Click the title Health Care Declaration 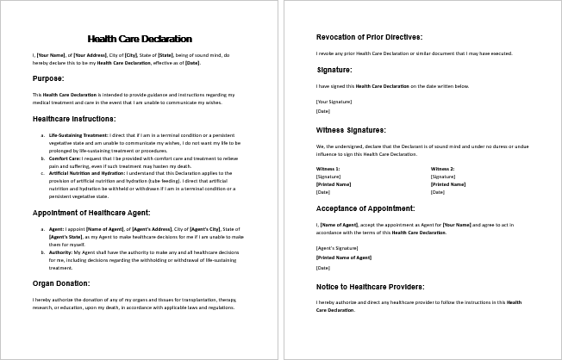click(140, 39)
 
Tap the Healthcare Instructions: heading click(74, 118)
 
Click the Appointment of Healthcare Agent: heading click(91, 212)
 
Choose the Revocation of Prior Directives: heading click(369, 37)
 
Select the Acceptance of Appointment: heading click(365, 208)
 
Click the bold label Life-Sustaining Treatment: click(78, 135)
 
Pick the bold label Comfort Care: click(65, 159)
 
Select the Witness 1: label click(328, 168)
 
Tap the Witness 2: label click(442, 168)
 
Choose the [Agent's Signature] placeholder click(336, 248)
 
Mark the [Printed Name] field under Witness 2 click(448, 183)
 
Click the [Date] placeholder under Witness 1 click(323, 191)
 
